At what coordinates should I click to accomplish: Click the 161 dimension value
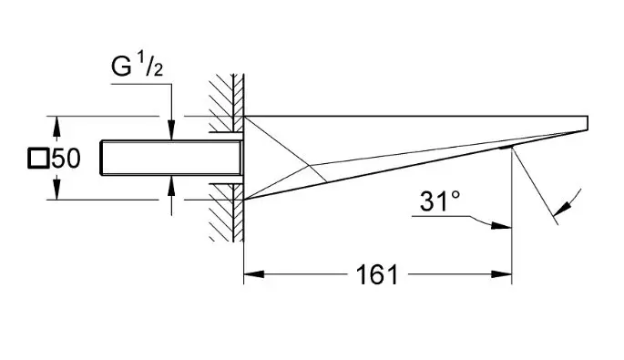pyautogui.click(x=377, y=274)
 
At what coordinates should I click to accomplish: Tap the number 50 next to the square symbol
pyautogui.click(x=66, y=158)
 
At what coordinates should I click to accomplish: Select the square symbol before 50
pyautogui.click(x=38, y=158)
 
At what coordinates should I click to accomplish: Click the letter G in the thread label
pyautogui.click(x=121, y=67)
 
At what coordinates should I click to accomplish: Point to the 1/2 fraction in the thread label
pyautogui.click(x=150, y=64)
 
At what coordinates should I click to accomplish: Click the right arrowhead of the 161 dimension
pyautogui.click(x=501, y=274)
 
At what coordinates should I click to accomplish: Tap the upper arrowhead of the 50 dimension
pyautogui.click(x=56, y=128)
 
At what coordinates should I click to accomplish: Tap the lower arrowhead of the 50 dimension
pyautogui.click(x=56, y=189)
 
